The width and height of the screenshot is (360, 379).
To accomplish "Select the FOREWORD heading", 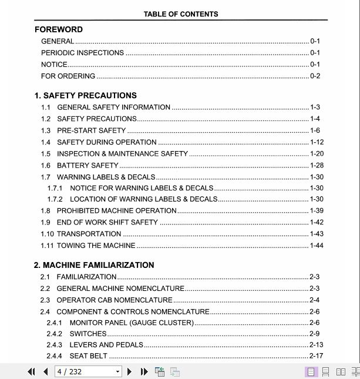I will tap(59, 29).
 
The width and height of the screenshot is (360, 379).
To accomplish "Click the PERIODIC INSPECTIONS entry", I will tap(82, 53).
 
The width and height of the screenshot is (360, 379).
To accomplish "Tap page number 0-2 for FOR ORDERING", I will tap(315, 76).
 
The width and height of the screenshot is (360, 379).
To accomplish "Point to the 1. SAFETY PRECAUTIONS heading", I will tap(86, 95).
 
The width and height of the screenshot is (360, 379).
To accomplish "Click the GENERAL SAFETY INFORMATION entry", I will tap(113, 108).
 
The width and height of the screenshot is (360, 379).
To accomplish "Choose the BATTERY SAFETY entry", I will tap(88, 166).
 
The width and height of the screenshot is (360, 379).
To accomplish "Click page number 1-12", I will tap(317, 142).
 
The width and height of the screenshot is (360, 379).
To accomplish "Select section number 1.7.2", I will tap(55, 199).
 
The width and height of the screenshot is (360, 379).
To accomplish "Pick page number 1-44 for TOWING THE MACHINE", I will tap(317, 246).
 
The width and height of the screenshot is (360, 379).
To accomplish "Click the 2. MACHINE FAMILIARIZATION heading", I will tap(94, 265).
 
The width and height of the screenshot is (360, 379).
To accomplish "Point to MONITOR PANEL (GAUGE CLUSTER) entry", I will tap(132, 323).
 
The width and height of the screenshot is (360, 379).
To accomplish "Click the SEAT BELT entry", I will tap(88, 356).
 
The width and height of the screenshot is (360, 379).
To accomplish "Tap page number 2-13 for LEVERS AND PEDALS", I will tap(316, 345).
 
